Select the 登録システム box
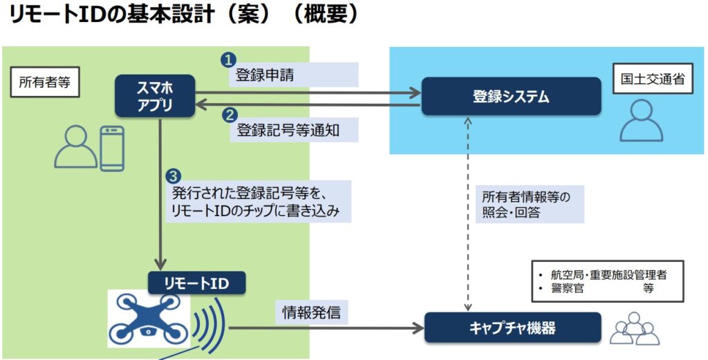(x=511, y=96)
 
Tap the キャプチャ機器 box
(x=510, y=328)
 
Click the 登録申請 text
(x=265, y=75)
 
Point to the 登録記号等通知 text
(x=288, y=130)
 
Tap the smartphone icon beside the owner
(x=112, y=148)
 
